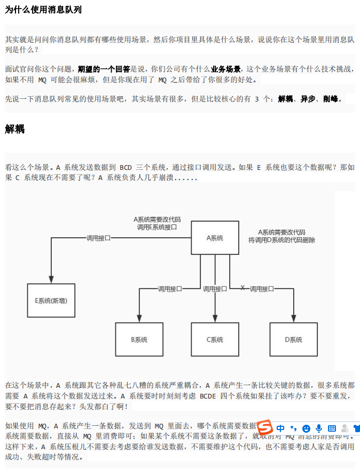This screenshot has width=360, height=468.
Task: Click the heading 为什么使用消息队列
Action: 43,10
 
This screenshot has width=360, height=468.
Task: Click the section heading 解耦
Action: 15,129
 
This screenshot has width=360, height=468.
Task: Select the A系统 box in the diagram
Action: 215,238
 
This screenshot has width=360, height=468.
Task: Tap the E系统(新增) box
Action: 51,301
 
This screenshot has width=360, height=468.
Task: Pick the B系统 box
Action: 139,340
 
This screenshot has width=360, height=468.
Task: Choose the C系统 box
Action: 215,340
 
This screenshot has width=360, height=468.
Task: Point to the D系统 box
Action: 293,340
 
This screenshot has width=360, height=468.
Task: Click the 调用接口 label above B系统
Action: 170,288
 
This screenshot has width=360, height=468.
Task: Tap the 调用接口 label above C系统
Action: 215,288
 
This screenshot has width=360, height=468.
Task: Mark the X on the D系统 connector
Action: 242,288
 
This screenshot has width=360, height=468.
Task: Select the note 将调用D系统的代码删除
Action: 281,240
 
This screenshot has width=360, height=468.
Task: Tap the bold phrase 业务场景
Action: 225,69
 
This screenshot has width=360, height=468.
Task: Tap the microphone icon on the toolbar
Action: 319,428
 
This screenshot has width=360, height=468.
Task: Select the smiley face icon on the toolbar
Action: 306,428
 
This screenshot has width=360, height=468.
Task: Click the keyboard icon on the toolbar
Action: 332,428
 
